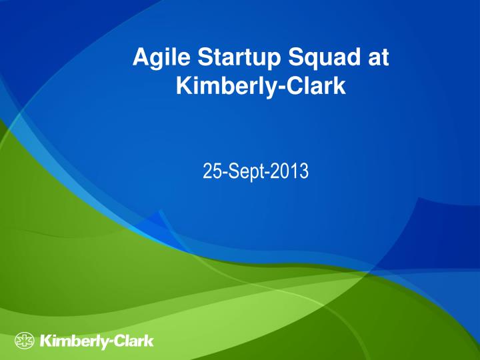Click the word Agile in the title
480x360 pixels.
pyautogui.click(x=161, y=58)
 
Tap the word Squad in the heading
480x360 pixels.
pyautogui.click(x=324, y=58)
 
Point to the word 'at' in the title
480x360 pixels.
pyautogui.click(x=379, y=57)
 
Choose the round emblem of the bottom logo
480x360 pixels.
pyautogui.click(x=24, y=341)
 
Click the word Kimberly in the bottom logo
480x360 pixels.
pyautogui.click(x=73, y=341)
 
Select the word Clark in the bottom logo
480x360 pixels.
pyautogui.click(x=134, y=341)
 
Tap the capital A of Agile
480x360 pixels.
pyautogui.click(x=142, y=57)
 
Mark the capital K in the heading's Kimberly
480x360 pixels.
pyautogui.click(x=185, y=85)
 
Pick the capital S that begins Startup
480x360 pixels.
pyautogui.click(x=205, y=57)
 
